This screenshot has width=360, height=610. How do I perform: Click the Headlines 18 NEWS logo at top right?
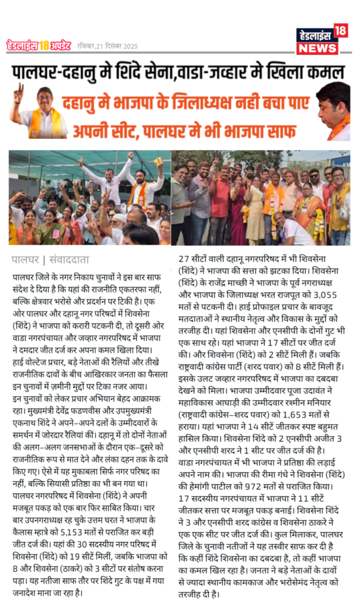click(x=322, y=40)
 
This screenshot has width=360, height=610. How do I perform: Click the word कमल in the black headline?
click(x=327, y=73)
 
